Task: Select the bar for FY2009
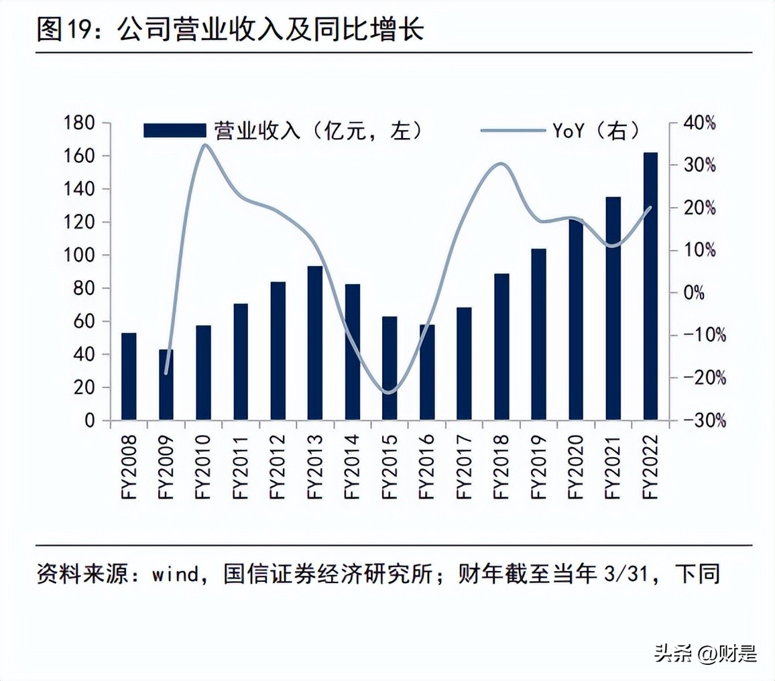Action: click(x=166, y=385)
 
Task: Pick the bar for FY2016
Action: click(x=427, y=373)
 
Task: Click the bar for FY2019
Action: click(x=538, y=334)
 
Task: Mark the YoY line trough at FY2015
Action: click(x=388, y=393)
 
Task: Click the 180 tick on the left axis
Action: click(x=78, y=123)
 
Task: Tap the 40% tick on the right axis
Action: click(x=701, y=123)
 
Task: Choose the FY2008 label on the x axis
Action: click(x=129, y=466)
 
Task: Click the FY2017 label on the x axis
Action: click(x=464, y=466)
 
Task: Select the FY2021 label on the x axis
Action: click(x=613, y=466)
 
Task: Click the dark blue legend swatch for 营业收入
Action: click(x=175, y=131)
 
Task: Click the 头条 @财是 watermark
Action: click(x=705, y=652)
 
